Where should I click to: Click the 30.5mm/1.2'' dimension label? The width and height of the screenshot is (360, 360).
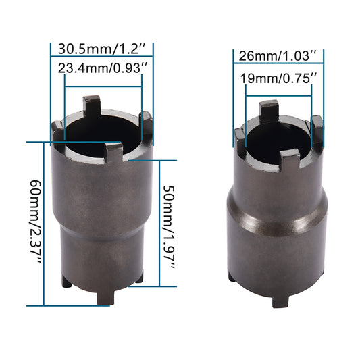102,49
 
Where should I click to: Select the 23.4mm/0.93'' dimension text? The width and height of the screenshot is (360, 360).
103,68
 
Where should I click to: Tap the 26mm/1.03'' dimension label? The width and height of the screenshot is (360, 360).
278,56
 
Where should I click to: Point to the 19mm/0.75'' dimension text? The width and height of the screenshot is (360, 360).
278,78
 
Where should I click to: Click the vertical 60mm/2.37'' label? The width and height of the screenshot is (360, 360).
36,222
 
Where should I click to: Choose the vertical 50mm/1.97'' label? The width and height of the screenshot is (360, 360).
170,227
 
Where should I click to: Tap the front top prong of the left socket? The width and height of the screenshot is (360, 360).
113,151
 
